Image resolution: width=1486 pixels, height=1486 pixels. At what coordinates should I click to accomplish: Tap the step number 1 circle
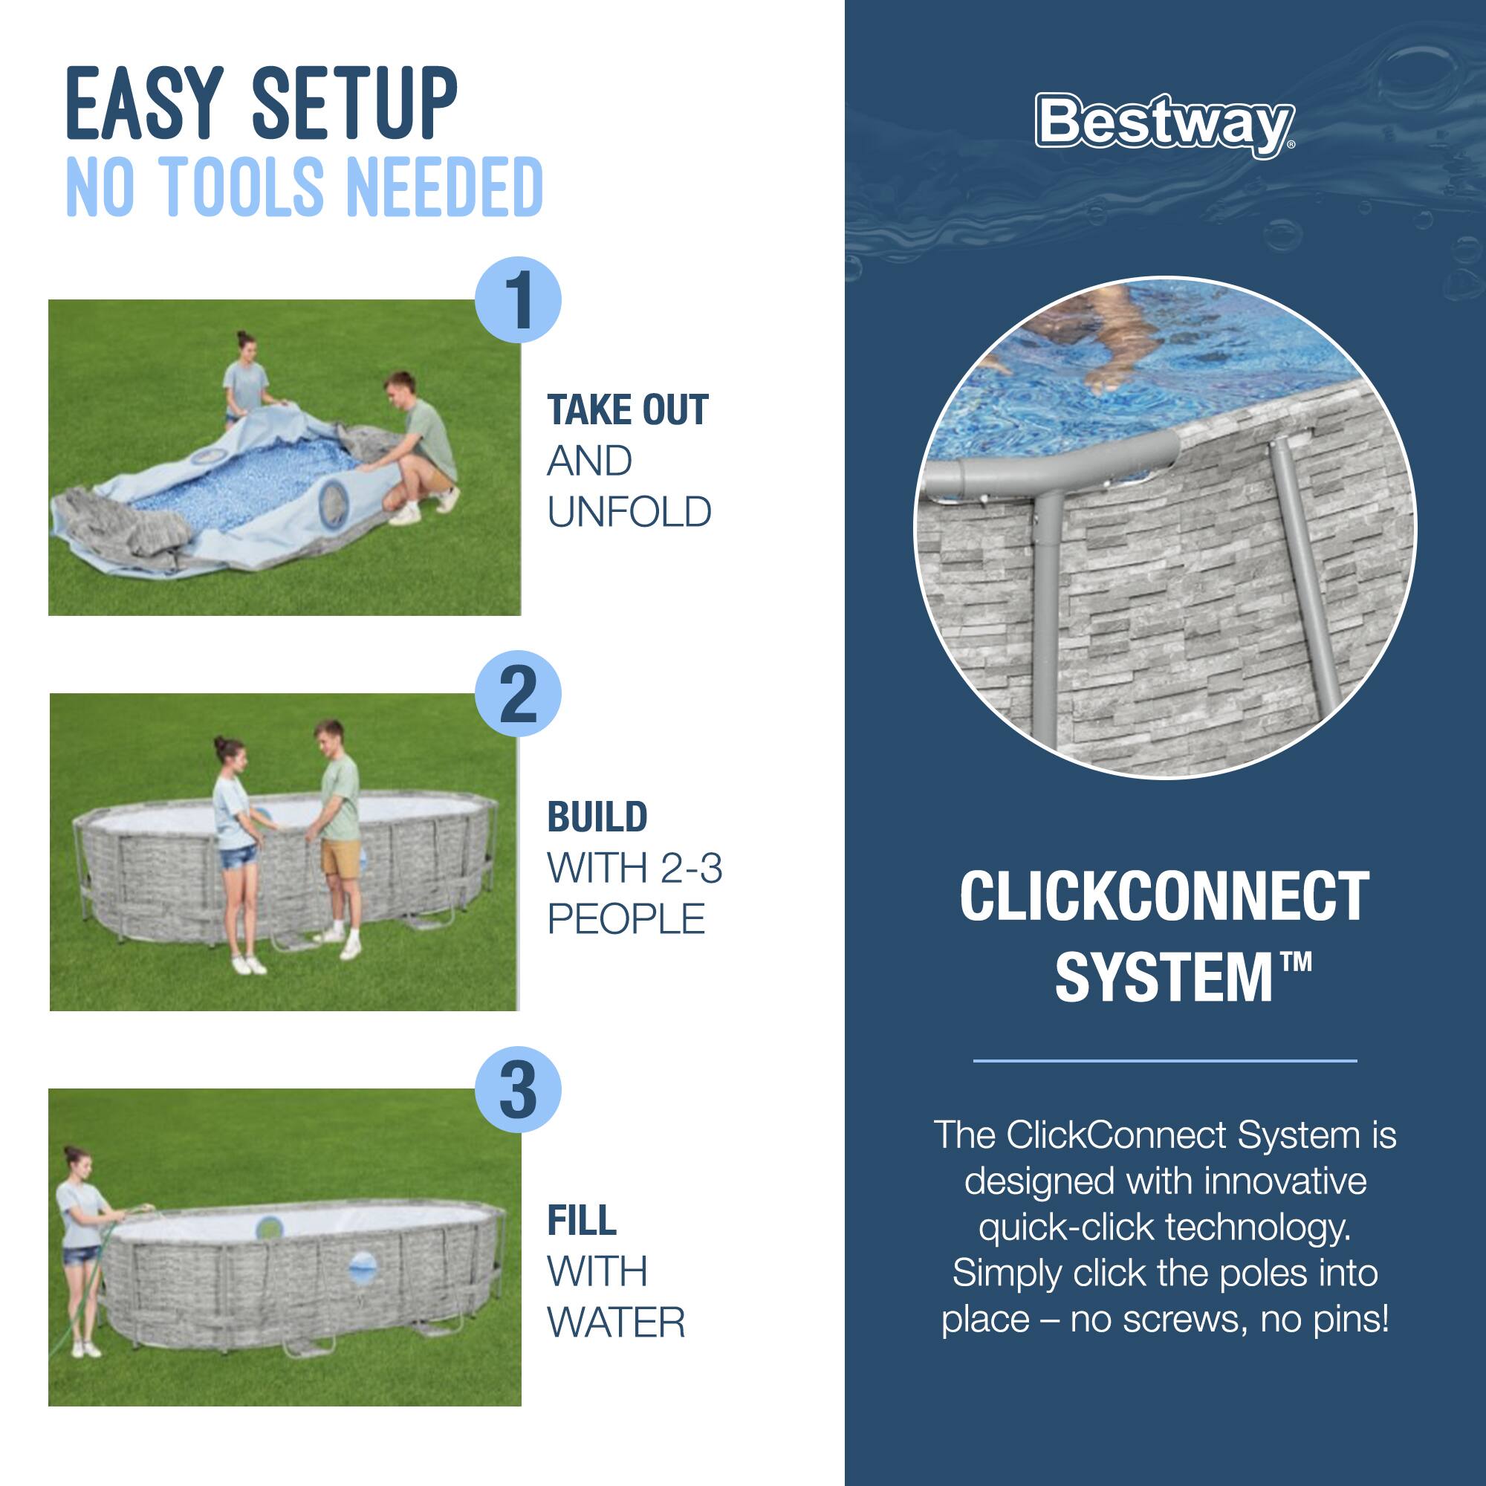[519, 300]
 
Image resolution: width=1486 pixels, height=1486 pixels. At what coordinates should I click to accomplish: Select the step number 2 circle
[519, 695]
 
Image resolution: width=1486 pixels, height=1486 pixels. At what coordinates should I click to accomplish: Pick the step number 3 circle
[519, 1090]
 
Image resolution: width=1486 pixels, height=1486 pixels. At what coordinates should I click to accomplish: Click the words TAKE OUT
[627, 410]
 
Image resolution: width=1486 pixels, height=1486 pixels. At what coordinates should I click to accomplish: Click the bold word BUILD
[597, 817]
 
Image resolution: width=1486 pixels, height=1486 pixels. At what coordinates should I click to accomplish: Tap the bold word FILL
[582, 1221]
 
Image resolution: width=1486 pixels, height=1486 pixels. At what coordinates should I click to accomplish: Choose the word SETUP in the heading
[354, 104]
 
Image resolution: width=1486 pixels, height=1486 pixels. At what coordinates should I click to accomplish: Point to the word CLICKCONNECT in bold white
[1164, 896]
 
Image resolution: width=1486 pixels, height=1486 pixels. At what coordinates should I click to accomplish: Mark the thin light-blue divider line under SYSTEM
[1164, 1061]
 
